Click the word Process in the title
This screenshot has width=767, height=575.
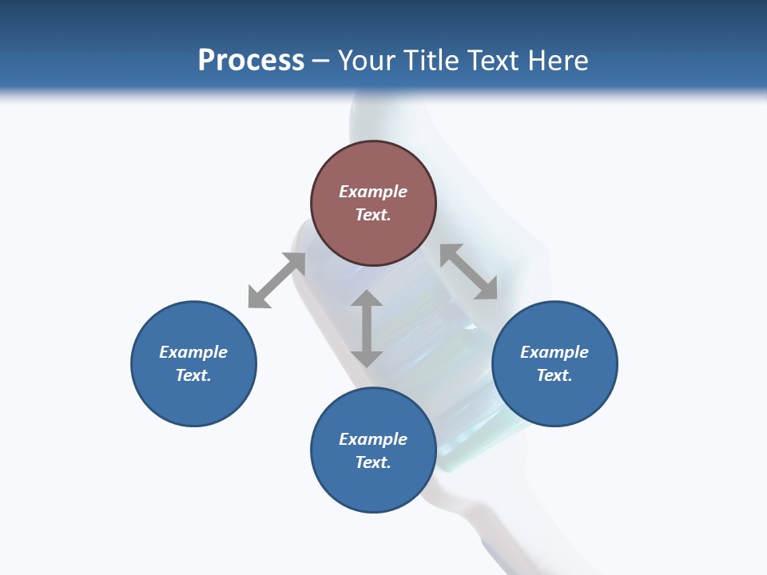click(251, 60)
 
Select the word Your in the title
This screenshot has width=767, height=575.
click(368, 60)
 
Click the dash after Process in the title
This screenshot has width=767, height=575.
click(320, 61)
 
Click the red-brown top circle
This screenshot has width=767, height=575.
click(373, 204)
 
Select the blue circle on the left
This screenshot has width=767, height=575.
click(193, 363)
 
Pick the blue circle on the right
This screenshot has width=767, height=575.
click(554, 363)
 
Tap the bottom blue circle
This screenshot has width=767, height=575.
click(373, 450)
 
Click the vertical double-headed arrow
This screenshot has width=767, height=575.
click(367, 328)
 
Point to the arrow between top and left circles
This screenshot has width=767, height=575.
click(277, 280)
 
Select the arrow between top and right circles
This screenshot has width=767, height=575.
click(468, 272)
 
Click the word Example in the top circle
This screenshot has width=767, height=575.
click(373, 192)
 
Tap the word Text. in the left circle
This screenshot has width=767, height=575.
click(193, 375)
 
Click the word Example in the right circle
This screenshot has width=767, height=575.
click(554, 352)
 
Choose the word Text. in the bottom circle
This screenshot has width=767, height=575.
click(373, 462)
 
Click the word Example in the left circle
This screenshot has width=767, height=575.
click(193, 352)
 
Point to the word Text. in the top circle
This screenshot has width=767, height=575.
click(373, 215)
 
